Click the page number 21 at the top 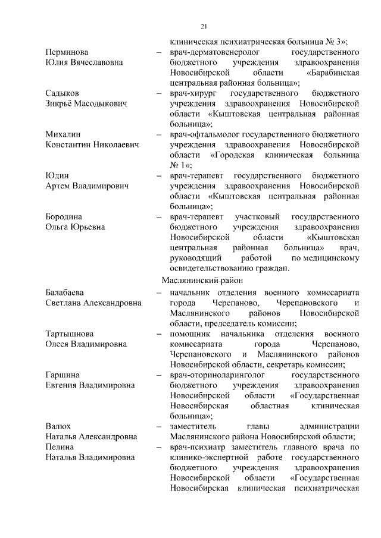pyautogui.click(x=203, y=26)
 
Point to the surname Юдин pyautogui.click(x=57, y=176)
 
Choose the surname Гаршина pyautogui.click(x=63, y=375)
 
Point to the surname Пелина pyautogui.click(x=60, y=446)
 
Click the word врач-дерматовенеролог pyautogui.click(x=212, y=52)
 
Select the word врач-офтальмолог pyautogui.click(x=202, y=135)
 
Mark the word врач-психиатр pyautogui.click(x=195, y=446)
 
